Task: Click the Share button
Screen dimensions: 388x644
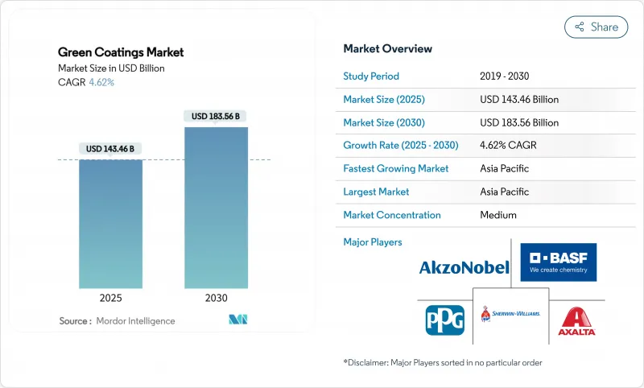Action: [x=596, y=27]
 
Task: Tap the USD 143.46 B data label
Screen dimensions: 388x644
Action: [x=110, y=149]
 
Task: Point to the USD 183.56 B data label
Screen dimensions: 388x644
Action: [x=216, y=116]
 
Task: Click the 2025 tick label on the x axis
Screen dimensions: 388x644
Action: [x=110, y=298]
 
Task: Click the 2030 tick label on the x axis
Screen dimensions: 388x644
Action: [x=216, y=298]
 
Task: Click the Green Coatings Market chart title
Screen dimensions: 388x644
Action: [x=121, y=52]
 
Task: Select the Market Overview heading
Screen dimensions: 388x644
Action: [x=387, y=49]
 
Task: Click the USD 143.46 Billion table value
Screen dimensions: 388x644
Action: [x=518, y=100]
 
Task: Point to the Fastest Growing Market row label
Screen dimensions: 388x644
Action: [x=396, y=169]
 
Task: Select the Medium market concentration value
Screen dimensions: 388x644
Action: [x=497, y=215]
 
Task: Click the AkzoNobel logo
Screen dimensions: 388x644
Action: [x=464, y=267]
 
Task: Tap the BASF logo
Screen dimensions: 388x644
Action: [x=559, y=262]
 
